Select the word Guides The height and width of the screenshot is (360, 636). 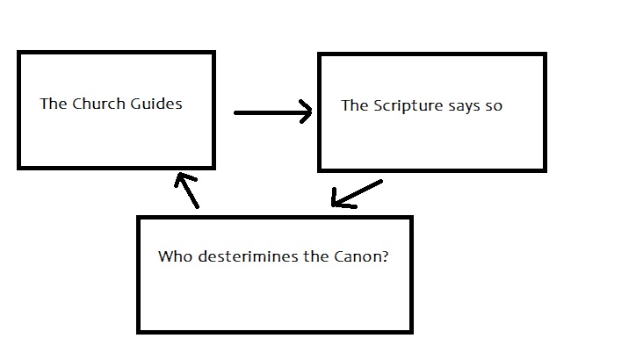tap(157, 104)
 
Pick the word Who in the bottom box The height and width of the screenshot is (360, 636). tap(172, 257)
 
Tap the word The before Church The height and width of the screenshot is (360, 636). tap(54, 104)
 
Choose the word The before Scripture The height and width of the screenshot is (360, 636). tap(354, 106)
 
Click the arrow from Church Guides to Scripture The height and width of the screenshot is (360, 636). tap(272, 112)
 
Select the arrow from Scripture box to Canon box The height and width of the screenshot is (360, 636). tap(357, 194)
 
